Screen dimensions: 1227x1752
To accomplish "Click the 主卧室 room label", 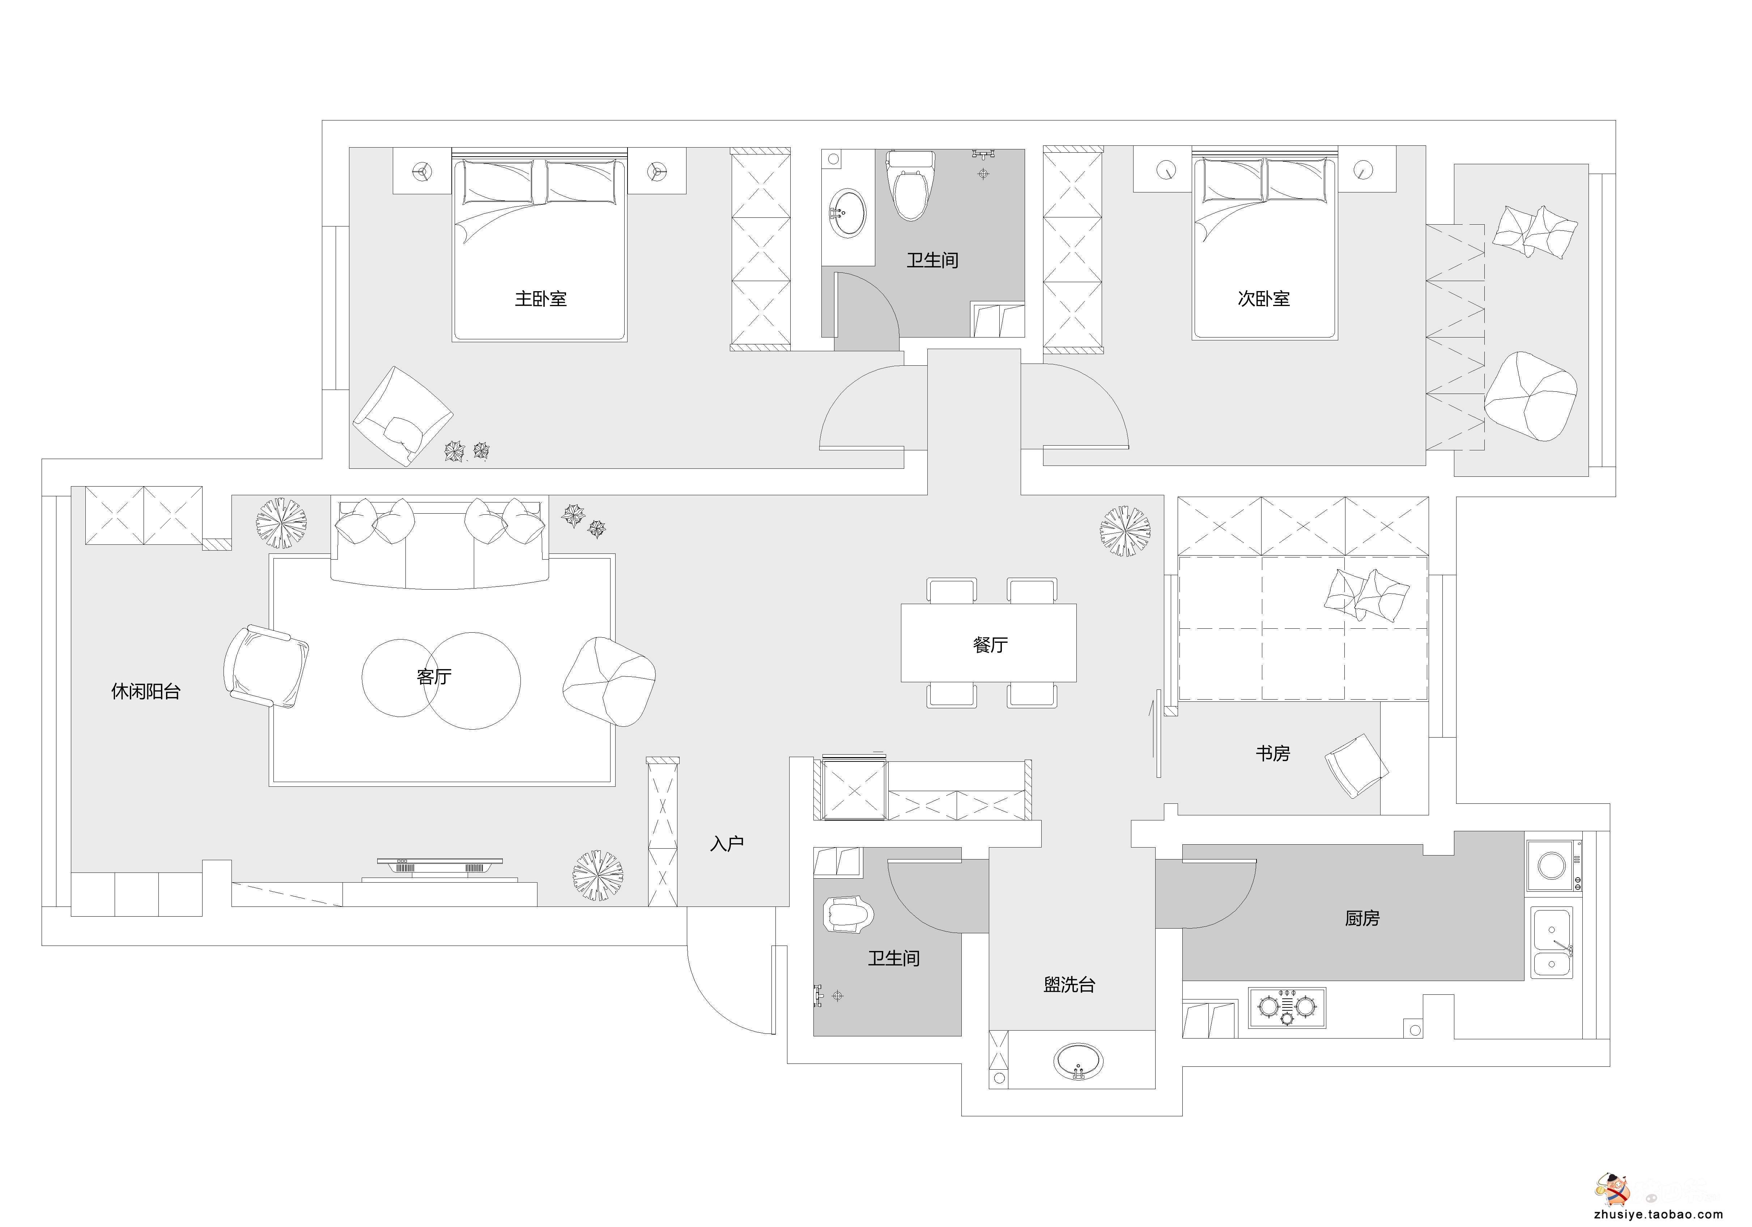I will pos(540,298).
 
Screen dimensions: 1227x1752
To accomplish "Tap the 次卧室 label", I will pos(1263,298).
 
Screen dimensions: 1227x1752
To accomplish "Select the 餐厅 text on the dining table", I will pos(990,645).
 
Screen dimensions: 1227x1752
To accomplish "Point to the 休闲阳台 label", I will pos(146,691).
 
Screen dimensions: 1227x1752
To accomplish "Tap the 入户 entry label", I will pos(726,843).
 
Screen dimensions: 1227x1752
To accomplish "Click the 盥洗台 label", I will pos(1069,984).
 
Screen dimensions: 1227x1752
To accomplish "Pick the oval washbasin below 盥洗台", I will pos(1078,1061).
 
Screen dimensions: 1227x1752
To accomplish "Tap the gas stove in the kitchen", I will pos(1287,1007).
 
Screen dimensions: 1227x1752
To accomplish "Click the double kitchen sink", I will pos(1551,943).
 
